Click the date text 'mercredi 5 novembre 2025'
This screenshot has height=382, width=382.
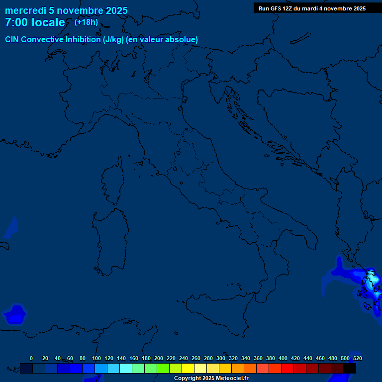[66, 10]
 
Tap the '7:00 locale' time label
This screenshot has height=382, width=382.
[35, 23]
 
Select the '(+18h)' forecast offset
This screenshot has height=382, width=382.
[86, 22]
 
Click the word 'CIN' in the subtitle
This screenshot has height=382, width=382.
[13, 39]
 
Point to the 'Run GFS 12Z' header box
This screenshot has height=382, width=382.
[312, 8]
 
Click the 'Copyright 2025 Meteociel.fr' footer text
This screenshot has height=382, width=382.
[211, 379]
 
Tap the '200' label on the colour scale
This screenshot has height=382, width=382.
[159, 358]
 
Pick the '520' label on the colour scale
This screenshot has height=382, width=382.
[357, 358]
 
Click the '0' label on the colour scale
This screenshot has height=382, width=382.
[31, 358]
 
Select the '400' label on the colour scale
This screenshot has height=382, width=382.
[283, 358]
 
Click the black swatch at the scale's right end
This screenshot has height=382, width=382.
[350, 368]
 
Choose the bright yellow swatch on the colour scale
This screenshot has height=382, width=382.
[188, 368]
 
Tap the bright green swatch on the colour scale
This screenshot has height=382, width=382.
[163, 368]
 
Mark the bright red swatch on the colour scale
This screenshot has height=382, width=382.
[287, 368]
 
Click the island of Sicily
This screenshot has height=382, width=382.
[219, 308]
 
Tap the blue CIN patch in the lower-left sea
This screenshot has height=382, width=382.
[15, 314]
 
